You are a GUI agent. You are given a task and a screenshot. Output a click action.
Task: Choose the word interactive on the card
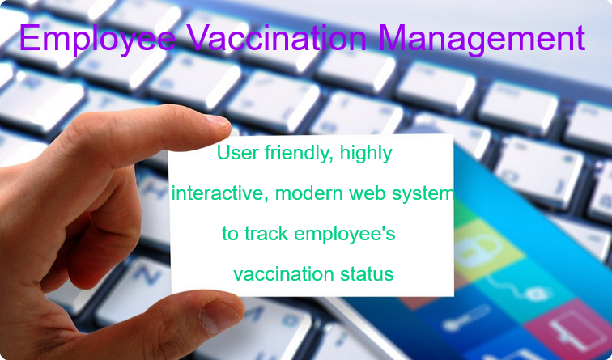(213, 194)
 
